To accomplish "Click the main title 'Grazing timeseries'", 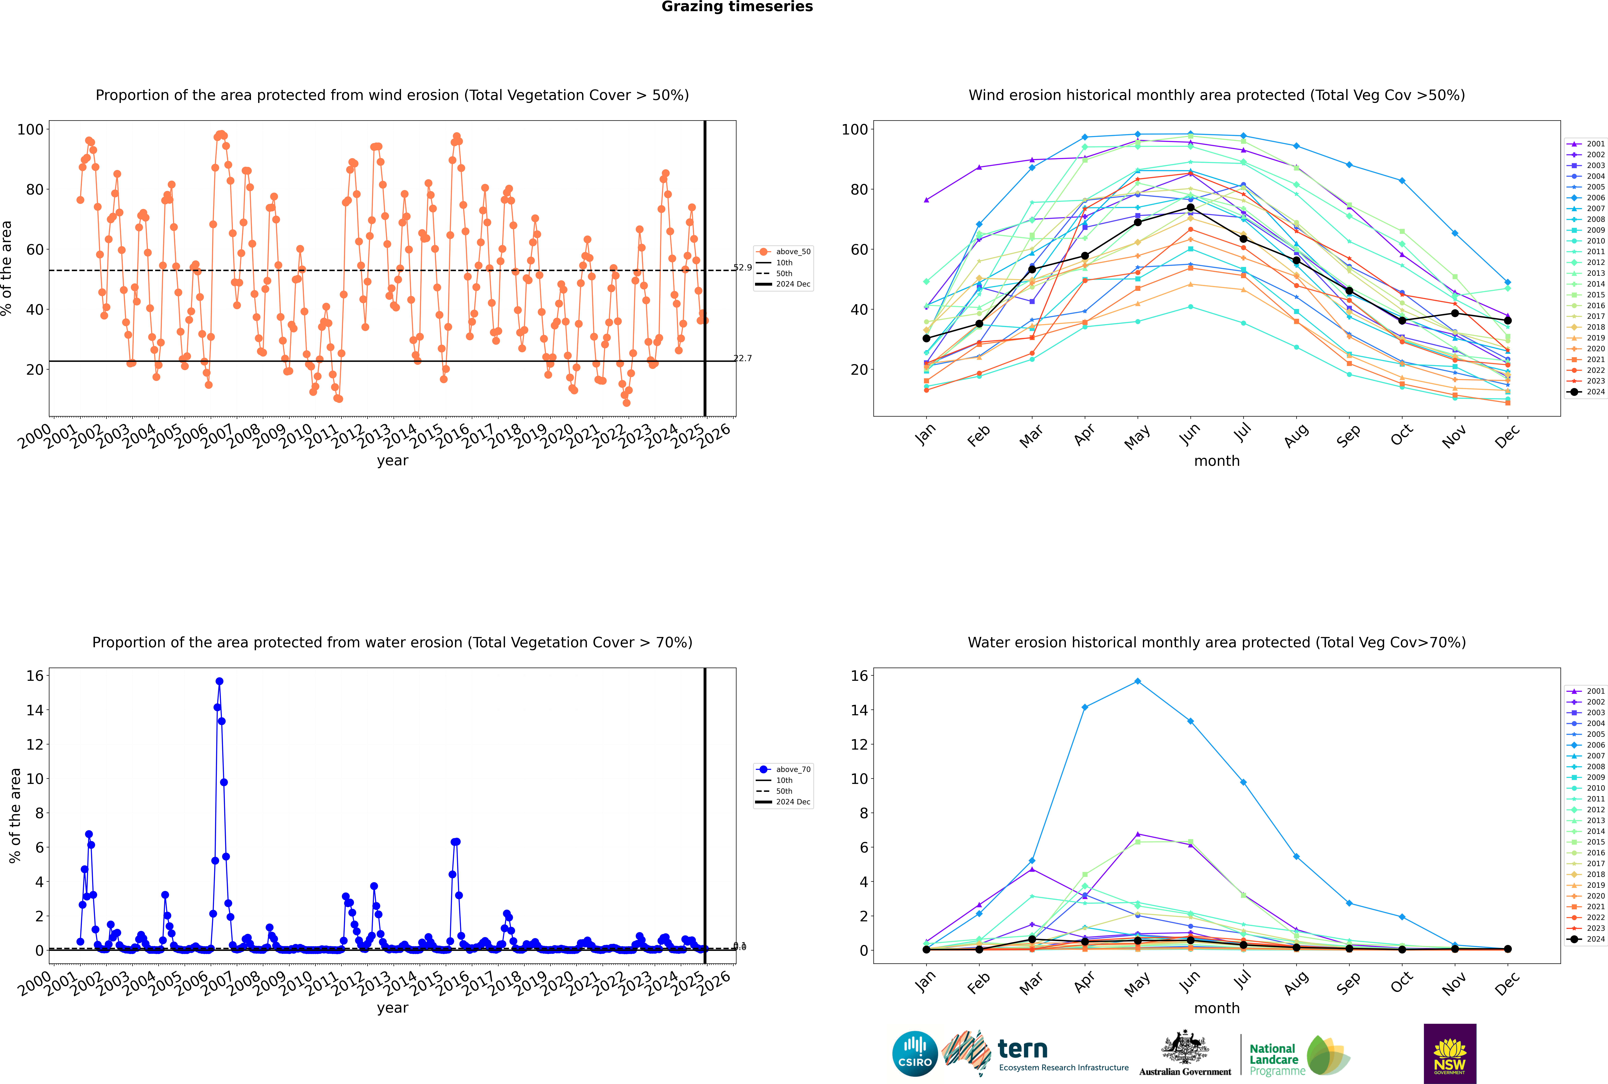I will (737, 7).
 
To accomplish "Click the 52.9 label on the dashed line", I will (742, 267).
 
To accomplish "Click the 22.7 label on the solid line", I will (742, 358).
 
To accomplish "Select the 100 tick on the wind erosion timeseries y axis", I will (30, 129).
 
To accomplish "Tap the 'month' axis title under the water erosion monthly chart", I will (1217, 1008).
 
